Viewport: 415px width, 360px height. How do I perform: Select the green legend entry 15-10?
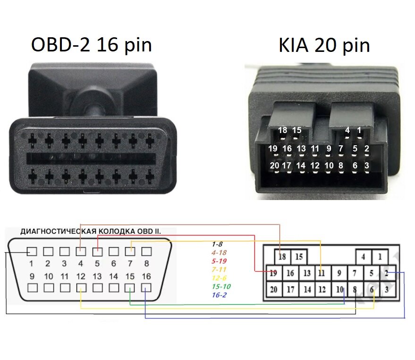click(221, 286)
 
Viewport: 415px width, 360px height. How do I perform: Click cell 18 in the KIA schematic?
click(282, 257)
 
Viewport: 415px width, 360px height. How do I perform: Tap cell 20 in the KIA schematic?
click(274, 289)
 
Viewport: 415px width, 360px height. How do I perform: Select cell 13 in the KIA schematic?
click(307, 273)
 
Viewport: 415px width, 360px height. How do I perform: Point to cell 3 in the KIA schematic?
click(387, 289)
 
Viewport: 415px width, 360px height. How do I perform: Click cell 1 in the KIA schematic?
click(380, 257)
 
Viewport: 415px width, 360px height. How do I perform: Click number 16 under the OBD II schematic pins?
click(146, 276)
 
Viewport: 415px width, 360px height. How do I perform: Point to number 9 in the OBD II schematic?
click(32, 276)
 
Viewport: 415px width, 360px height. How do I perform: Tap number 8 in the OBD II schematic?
click(146, 264)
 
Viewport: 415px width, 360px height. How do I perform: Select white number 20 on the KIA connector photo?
click(274, 166)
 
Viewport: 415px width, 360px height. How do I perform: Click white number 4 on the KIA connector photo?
click(347, 130)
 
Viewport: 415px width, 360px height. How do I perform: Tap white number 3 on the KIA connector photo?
click(367, 166)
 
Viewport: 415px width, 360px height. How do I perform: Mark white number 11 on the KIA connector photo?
click(315, 149)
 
